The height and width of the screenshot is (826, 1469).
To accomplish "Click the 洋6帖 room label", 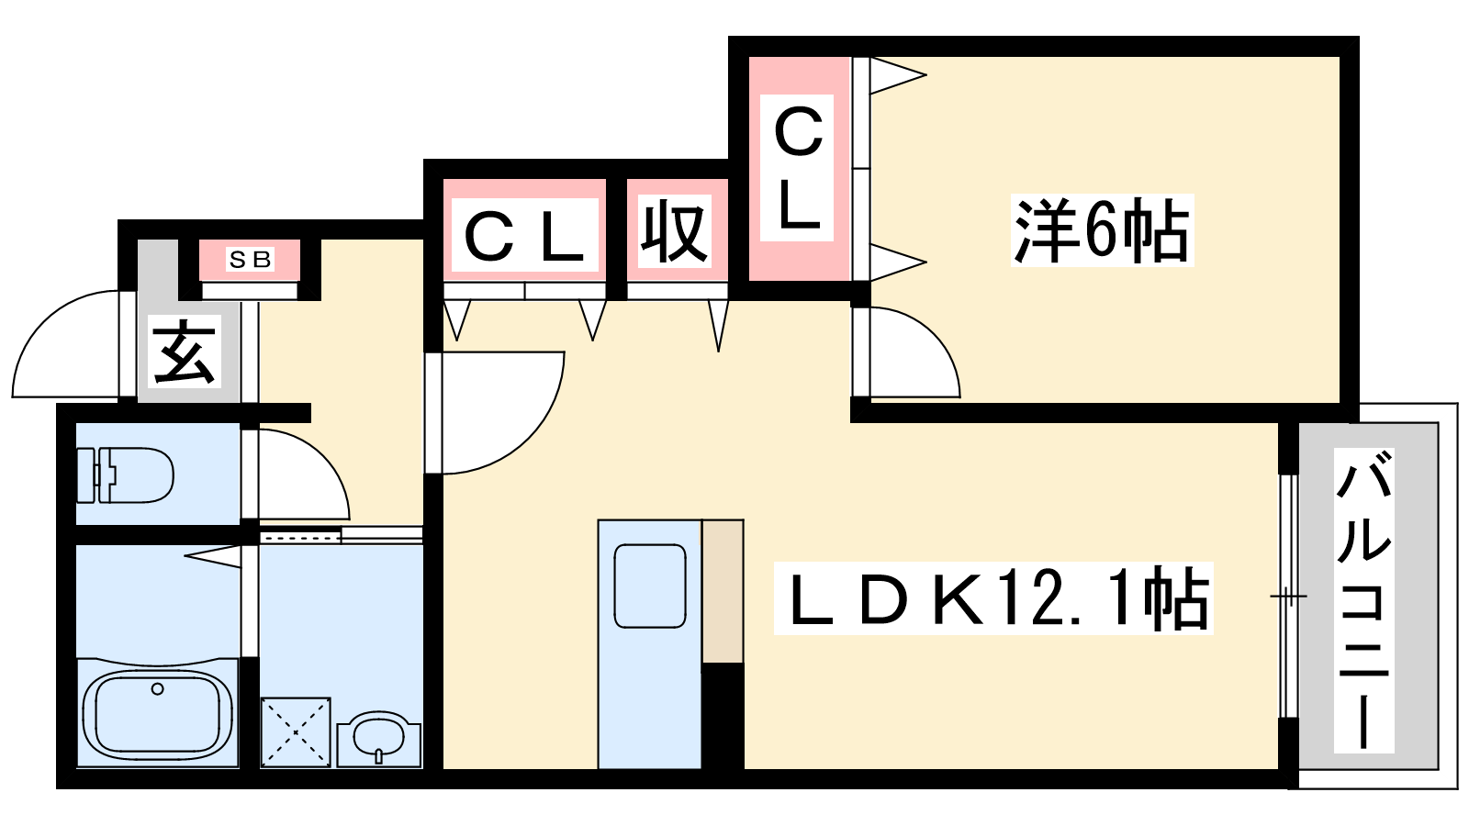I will point(1101,230).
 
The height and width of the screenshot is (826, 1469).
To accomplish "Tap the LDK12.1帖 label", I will point(992,598).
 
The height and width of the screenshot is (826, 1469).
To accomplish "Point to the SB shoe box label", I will point(250,260).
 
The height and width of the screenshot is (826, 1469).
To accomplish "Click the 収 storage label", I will point(676,231).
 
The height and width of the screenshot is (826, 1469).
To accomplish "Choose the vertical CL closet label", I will point(798,169).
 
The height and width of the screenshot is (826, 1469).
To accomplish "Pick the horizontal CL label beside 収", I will point(524,237).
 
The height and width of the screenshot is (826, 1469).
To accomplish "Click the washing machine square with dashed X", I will point(296,731).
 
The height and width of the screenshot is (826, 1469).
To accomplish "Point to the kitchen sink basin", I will point(650,586).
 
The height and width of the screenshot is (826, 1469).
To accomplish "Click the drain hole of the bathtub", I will point(158,689).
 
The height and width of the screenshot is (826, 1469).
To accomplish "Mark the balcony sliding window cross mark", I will point(1288,597).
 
